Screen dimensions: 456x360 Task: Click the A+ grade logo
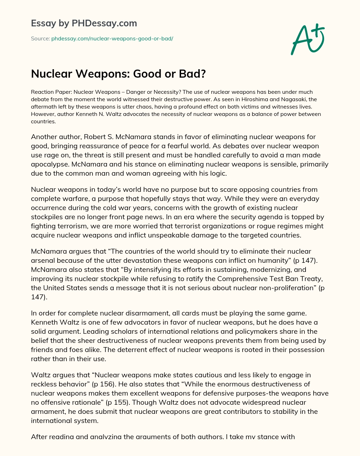click(x=307, y=39)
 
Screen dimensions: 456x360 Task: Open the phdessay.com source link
click(x=112, y=38)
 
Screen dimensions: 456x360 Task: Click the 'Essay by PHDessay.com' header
click(x=84, y=23)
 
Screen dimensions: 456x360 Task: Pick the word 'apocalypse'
click(x=49, y=164)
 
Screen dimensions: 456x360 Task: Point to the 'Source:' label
click(x=40, y=38)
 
